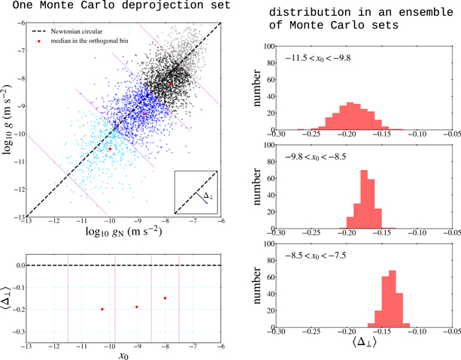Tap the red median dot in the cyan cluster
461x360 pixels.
(110, 149)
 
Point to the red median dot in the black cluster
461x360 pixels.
(171, 85)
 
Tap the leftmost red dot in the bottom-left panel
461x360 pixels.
(102, 310)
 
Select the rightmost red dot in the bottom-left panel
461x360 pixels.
(165, 298)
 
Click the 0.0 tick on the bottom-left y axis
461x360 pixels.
(18, 265)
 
